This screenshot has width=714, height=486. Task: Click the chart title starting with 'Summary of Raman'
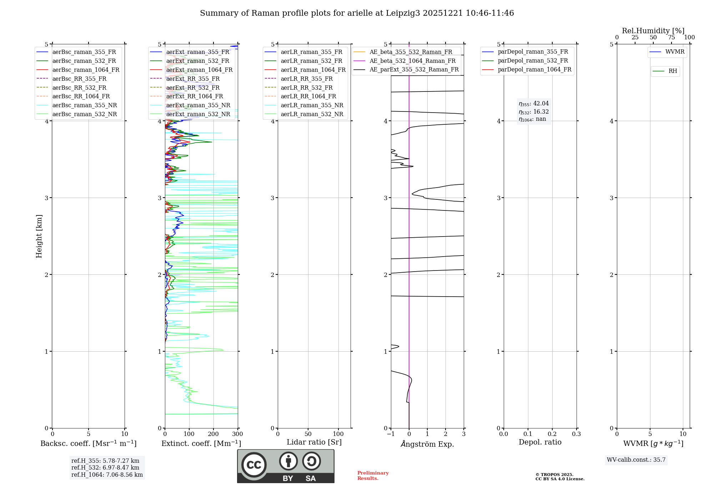[x=357, y=13]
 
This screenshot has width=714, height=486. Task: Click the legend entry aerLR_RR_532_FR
[x=306, y=88]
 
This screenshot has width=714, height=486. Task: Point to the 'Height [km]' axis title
[x=39, y=236]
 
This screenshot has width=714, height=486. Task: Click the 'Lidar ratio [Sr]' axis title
[x=314, y=442]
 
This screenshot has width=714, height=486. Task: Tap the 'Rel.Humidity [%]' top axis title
[x=653, y=31]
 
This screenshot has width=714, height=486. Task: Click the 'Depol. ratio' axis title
[x=540, y=442]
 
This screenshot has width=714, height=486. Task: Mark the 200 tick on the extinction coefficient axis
[x=213, y=434]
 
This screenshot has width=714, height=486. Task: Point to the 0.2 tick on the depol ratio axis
[x=552, y=434]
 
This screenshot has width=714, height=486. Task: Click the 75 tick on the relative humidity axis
[x=672, y=38]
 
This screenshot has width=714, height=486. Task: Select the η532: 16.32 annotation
[x=534, y=112]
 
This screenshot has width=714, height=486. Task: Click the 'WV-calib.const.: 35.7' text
[x=636, y=460]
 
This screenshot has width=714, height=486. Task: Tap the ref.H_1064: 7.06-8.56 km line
[x=107, y=475]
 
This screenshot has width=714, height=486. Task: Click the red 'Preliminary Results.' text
[x=373, y=476]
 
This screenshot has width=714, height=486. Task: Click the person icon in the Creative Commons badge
[x=288, y=461]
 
